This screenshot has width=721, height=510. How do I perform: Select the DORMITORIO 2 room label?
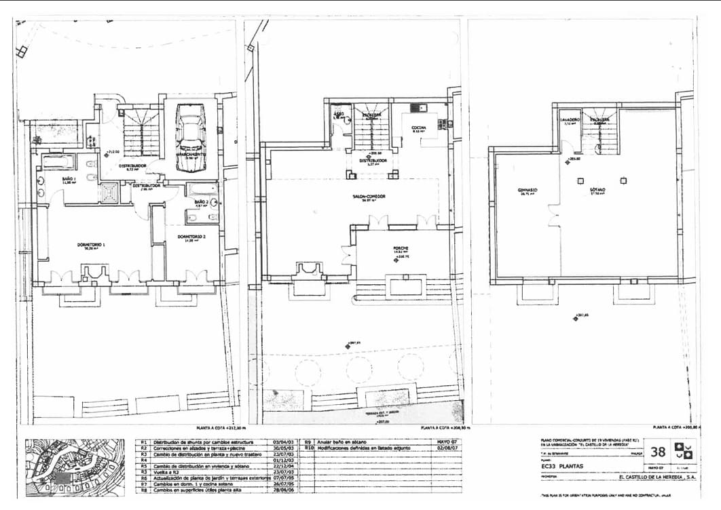click(x=191, y=237)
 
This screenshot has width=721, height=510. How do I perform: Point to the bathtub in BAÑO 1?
click(x=58, y=161)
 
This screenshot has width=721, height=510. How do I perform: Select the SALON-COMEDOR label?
click(x=369, y=197)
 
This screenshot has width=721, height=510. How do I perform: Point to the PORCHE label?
click(x=401, y=248)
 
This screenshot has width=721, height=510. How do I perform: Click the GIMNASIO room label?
click(x=527, y=190)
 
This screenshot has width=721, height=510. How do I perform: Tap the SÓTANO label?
click(x=597, y=191)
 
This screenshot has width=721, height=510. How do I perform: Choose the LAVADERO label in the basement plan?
click(x=570, y=119)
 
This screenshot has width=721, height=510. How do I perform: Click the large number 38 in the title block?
click(x=658, y=452)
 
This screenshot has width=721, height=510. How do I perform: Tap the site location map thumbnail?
click(x=75, y=468)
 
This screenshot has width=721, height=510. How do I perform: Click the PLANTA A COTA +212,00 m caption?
click(x=220, y=429)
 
